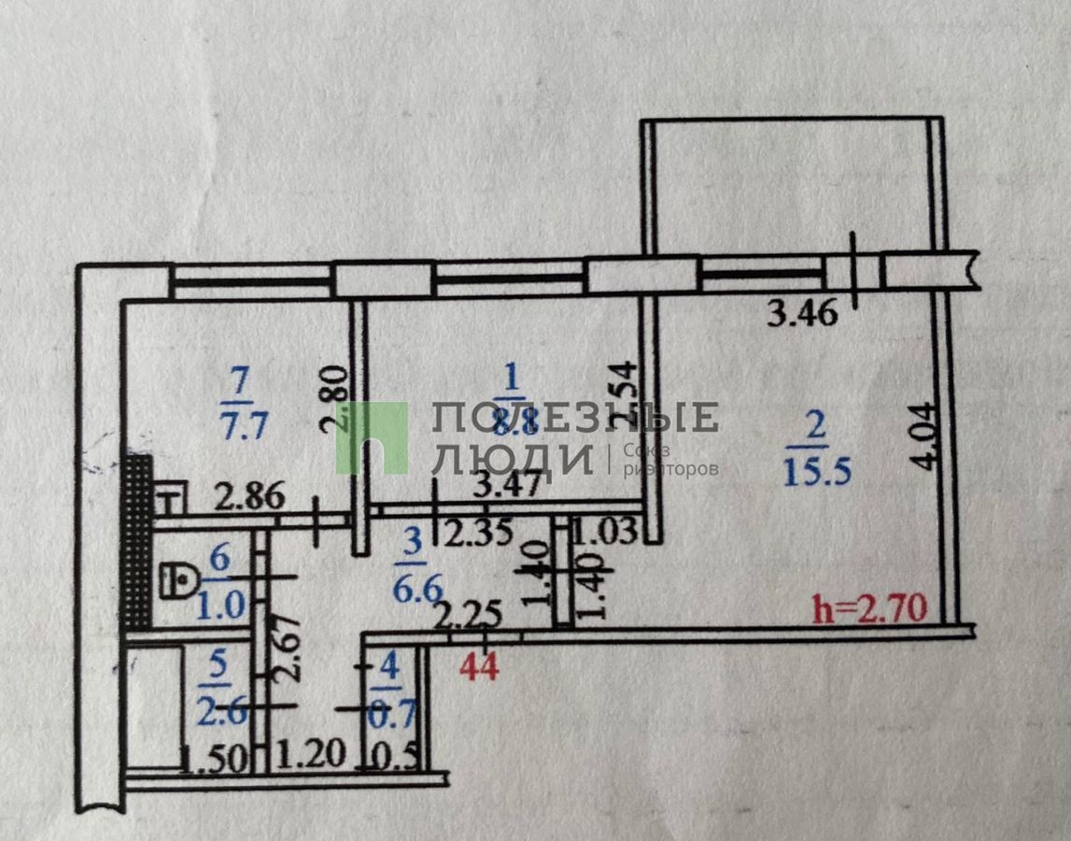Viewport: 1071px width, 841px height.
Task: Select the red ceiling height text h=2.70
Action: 869,609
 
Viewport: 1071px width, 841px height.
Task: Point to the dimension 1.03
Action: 603,533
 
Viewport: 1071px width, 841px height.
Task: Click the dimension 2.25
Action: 471,614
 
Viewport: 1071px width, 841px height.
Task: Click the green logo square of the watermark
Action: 372,437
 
